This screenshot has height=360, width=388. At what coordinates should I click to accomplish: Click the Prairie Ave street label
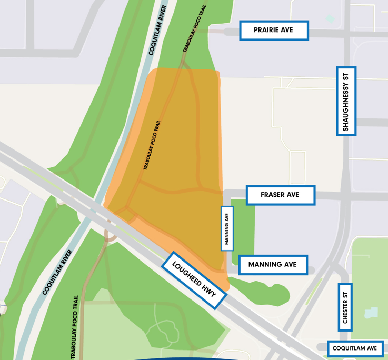pyautogui.click(x=274, y=31)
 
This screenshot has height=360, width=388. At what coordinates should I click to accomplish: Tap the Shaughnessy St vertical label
pyautogui.click(x=346, y=101)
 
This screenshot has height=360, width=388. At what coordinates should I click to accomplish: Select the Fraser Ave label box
pyautogui.click(x=280, y=195)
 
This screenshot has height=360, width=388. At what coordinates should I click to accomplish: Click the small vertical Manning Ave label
pyautogui.click(x=226, y=228)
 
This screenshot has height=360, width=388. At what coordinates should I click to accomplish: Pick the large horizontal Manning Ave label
pyautogui.click(x=273, y=265)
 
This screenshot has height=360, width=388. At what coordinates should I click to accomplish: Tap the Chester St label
pyautogui.click(x=345, y=307)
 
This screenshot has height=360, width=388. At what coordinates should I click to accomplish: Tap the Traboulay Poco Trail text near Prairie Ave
pyautogui.click(x=192, y=29)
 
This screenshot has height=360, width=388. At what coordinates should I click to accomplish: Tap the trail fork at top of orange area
pyautogui.click(x=183, y=64)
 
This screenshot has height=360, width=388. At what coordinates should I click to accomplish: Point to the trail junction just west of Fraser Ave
pyautogui.click(x=220, y=192)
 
